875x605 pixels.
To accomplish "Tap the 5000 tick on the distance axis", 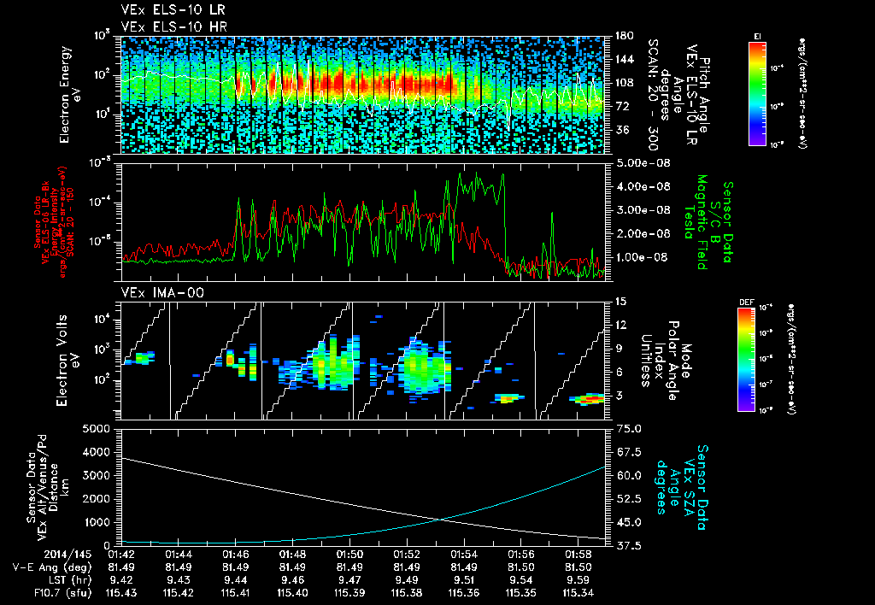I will pos(100,428).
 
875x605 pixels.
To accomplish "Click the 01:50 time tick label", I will pos(350,554).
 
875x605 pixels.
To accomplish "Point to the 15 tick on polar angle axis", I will pos(620,302).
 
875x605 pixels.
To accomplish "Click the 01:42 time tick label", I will pos(122,554).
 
